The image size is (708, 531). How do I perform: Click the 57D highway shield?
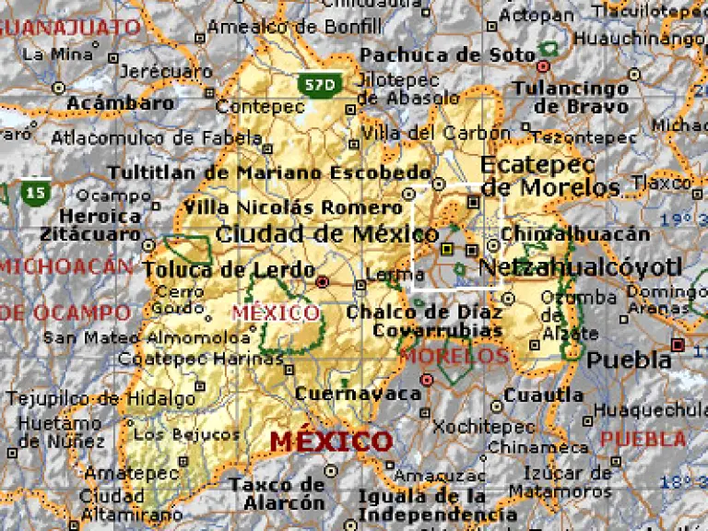(x=318, y=85)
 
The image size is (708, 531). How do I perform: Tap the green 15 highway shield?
(x=36, y=192)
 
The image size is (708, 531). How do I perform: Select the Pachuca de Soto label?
(x=447, y=55)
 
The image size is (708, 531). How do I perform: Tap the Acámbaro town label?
(x=121, y=103)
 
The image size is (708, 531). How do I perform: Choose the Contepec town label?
(x=260, y=108)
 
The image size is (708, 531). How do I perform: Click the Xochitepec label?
(x=484, y=427)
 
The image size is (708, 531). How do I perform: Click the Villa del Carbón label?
(x=436, y=133)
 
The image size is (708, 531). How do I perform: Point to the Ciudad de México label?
(x=314, y=234)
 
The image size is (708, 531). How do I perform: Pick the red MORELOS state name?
(x=455, y=356)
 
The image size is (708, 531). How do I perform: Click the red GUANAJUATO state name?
(x=72, y=27)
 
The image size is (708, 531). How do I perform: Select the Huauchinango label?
(x=638, y=39)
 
